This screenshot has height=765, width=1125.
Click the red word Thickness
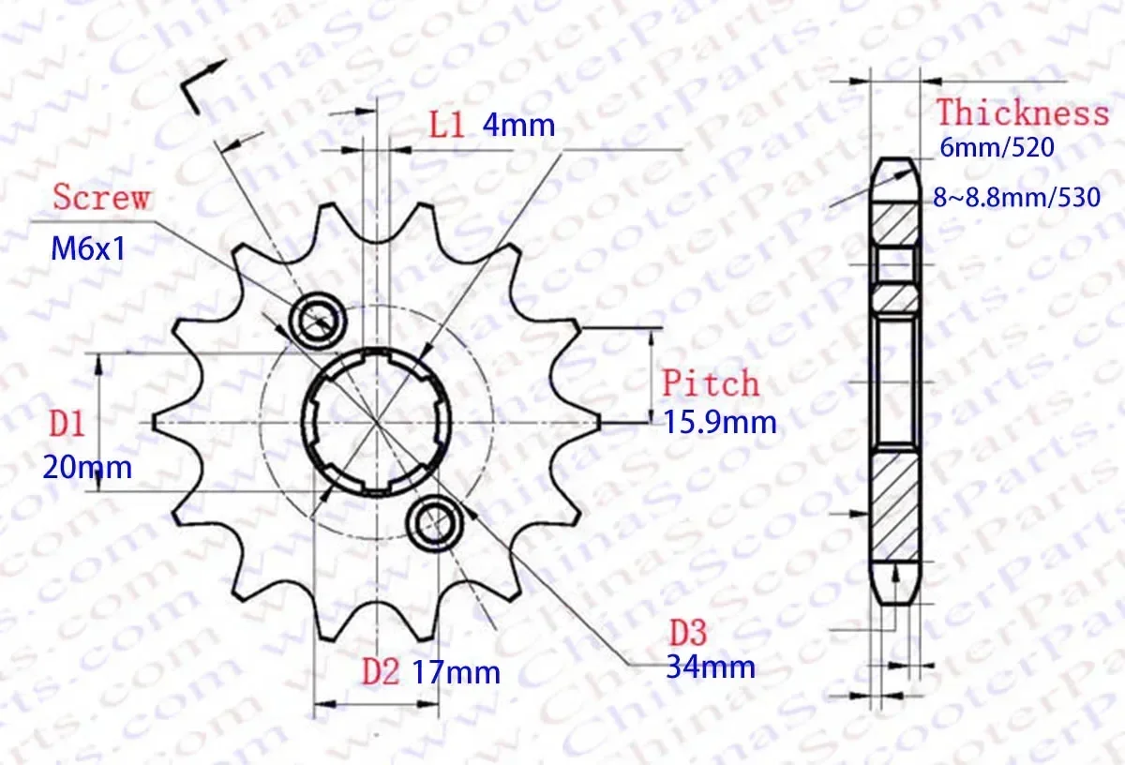1022,113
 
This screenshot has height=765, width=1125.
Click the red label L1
447,125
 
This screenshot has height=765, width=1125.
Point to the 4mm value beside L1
518,125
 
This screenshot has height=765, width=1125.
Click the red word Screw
100,198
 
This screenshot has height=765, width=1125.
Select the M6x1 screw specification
87,249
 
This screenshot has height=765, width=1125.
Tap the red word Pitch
711,383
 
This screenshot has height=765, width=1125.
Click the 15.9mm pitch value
720,423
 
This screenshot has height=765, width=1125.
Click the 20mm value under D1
87,466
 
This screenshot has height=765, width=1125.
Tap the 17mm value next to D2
456,671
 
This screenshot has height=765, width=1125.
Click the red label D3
688,630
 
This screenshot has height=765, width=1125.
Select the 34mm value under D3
710,667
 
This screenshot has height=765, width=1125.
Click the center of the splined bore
376,421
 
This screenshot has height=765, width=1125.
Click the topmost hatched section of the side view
894,222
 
